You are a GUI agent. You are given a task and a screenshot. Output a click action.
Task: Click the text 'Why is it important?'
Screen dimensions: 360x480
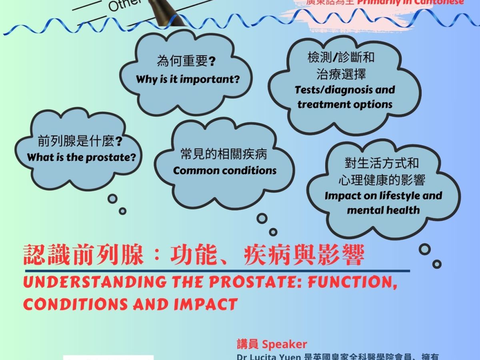[x=188, y=79]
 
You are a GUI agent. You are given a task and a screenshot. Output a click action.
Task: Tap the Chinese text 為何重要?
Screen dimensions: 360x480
[x=186, y=62]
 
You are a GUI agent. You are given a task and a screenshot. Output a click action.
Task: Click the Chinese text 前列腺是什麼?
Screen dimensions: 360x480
[x=80, y=141]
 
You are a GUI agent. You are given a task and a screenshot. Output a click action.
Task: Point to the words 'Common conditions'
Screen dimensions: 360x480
[x=225, y=171]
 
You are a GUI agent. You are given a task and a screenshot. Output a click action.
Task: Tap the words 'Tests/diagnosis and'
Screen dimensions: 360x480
[x=345, y=90]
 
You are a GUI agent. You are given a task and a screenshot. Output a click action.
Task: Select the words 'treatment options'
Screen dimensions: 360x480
[x=345, y=104]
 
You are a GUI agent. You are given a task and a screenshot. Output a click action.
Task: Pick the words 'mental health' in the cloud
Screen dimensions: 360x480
[x=383, y=210]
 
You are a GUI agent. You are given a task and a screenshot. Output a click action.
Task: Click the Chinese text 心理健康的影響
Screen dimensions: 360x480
[x=382, y=180]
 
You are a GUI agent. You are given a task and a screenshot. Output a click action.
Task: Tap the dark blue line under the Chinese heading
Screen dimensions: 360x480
[x=216, y=271]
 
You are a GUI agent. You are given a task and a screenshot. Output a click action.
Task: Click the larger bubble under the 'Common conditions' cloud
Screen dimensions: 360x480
[x=262, y=218]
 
